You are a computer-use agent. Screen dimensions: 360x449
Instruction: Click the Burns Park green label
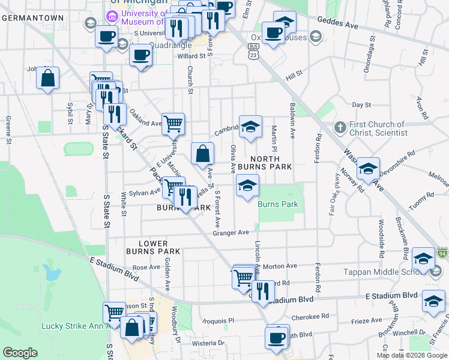278,204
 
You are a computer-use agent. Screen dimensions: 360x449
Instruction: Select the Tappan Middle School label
385,272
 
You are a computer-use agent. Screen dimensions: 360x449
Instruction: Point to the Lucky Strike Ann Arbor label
72,326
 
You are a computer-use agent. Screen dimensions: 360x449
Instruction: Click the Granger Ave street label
231,232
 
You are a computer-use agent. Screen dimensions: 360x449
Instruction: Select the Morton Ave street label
280,266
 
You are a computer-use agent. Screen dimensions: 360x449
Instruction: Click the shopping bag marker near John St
48,79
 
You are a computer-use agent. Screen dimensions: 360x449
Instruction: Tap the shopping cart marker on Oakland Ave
173,124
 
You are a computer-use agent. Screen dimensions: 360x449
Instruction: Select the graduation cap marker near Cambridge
251,127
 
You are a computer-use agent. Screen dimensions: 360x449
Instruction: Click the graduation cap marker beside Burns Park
247,185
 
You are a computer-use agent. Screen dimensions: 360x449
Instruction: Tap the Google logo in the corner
20,353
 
